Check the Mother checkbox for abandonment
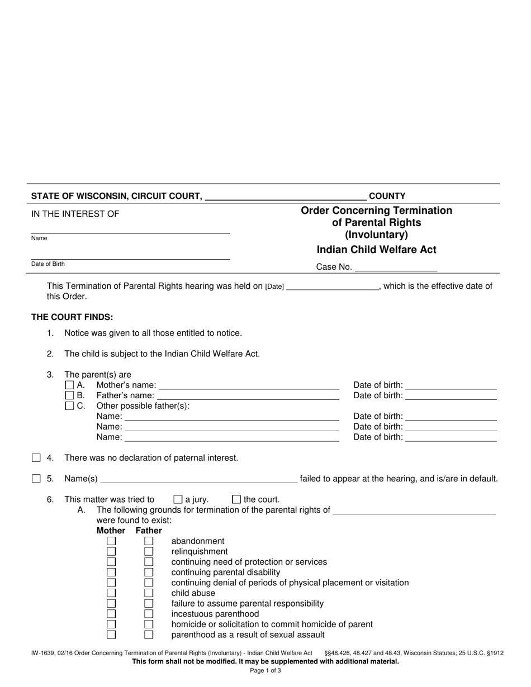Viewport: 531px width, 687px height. [111, 541]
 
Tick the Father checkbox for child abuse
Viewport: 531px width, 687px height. [149, 593]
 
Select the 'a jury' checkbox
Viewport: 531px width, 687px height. [178, 499]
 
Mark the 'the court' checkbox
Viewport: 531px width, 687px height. [236, 499]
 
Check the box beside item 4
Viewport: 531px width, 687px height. [36, 458]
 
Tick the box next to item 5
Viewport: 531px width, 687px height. [36, 479]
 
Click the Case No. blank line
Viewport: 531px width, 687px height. [396, 268]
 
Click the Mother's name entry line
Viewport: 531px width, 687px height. [249, 385]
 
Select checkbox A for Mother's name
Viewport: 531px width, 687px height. [69, 385]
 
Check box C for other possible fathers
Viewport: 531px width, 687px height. [69, 405]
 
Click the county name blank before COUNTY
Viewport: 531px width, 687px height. [286, 197]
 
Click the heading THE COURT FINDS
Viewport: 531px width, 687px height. [72, 317]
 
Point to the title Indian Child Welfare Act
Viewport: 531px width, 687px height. [376, 250]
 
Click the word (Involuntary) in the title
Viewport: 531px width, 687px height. [376, 235]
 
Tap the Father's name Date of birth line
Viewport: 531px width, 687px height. [451, 396]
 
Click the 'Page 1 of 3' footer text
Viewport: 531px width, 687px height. [265, 671]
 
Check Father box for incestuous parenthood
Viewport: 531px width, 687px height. [149, 614]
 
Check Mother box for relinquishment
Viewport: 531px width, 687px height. [111, 551]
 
